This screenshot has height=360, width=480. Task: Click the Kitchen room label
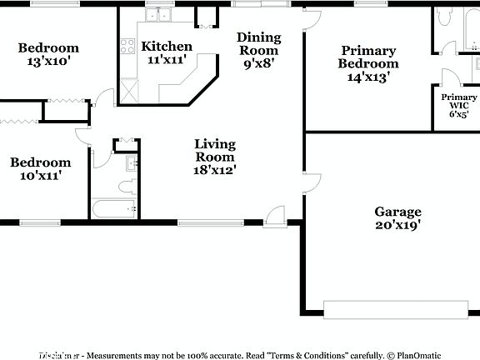pyautogui.click(x=167, y=47)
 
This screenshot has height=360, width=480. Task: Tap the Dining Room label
pyautogui.click(x=258, y=43)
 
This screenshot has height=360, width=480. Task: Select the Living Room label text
pyautogui.click(x=215, y=150)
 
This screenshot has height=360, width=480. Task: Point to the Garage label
pyautogui.click(x=397, y=212)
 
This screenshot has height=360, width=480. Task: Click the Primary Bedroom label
pyautogui.click(x=367, y=57)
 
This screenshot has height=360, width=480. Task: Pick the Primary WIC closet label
pyautogui.click(x=459, y=102)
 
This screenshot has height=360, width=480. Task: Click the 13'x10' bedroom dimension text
pyautogui.click(x=48, y=62)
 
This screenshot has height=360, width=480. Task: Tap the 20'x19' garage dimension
pyautogui.click(x=397, y=225)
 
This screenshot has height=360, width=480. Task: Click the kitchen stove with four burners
pyautogui.click(x=129, y=47)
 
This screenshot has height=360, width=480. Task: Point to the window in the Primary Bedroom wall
pyautogui.click(x=366, y=5)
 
